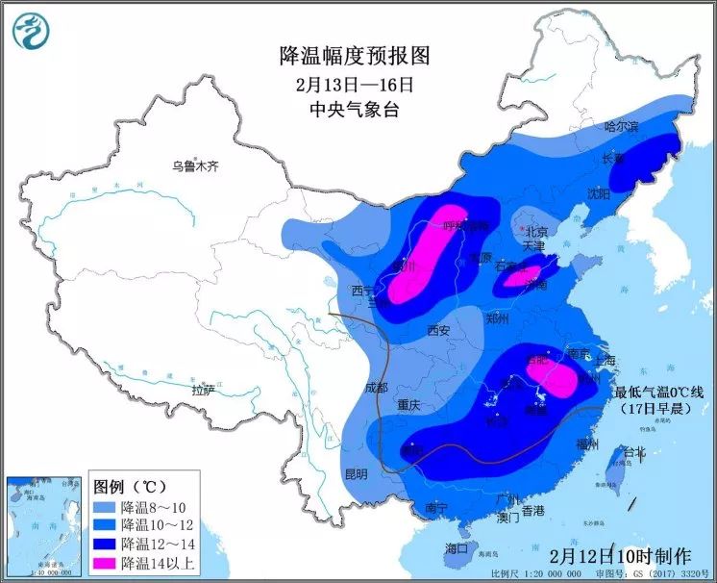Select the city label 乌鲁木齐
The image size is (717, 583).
click(x=195, y=166)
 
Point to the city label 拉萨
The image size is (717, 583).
click(x=202, y=391)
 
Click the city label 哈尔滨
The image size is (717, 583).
click(x=621, y=126)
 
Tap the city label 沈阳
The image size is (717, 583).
click(x=598, y=193)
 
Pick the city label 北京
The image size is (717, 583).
click(x=535, y=232)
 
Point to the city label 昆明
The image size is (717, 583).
click(x=356, y=473)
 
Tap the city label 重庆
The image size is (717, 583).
click(x=408, y=405)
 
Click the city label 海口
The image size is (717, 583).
click(x=457, y=547)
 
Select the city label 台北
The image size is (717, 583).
click(x=635, y=451)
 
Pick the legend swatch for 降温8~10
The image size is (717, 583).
click(x=105, y=507)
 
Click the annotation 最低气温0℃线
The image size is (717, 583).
click(x=659, y=392)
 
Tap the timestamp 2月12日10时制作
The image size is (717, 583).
click(x=620, y=555)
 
